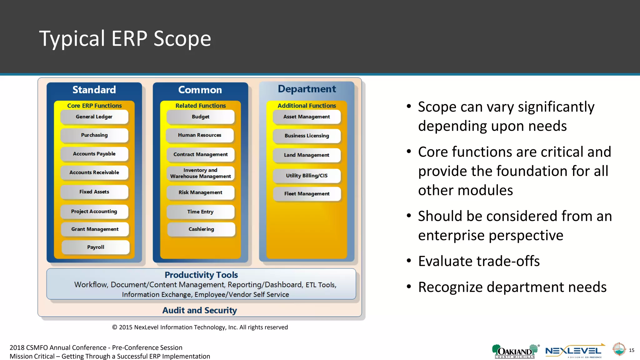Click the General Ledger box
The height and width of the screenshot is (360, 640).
pos(94,117)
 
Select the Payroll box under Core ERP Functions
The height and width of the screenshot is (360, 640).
pos(96,247)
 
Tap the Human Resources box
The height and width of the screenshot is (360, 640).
pos(200,135)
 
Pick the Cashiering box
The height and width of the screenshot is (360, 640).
pos(201,229)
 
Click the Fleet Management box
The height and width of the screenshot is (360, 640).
pos(307,194)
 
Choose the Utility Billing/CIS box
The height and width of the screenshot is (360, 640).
pos(307,176)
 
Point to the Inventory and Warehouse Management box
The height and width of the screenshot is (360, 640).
pos(200,173)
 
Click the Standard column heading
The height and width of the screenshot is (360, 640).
pos(94,90)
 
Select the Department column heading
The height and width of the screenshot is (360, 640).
pos(307,89)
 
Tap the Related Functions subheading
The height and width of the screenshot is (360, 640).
pos(200,106)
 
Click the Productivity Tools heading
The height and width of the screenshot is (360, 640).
pos(201,275)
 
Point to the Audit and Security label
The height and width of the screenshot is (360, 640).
pos(200,310)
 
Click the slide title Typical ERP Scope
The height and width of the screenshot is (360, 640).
pos(125,38)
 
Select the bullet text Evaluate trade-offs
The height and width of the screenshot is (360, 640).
pos(479,261)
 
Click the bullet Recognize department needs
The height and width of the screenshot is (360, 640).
pos(512,287)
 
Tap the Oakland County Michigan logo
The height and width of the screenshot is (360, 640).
pos(515,351)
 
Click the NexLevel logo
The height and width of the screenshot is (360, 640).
pos(574,351)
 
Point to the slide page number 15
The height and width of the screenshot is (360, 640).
pos(632,350)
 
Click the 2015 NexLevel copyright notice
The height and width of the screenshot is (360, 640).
pos(200,327)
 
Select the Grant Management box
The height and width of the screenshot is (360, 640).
pos(95,229)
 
